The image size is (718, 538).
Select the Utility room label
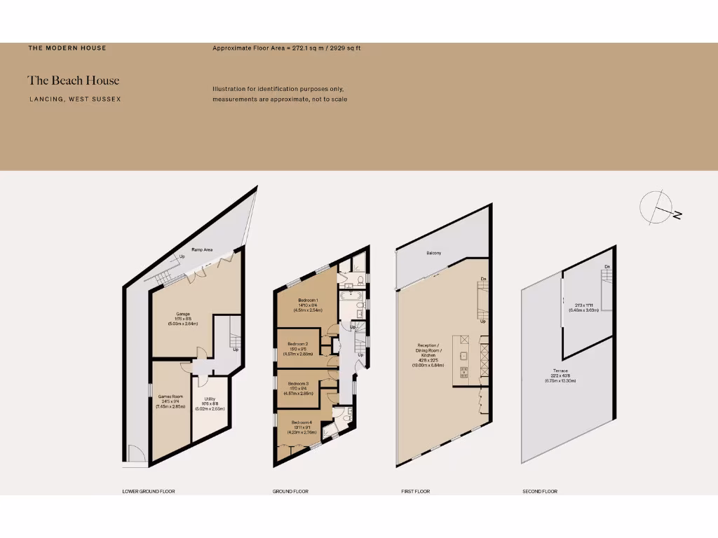coord(210,399)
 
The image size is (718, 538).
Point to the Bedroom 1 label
coord(308,301)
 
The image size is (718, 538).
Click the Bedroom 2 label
coord(298,343)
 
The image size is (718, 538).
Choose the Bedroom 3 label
coord(298,384)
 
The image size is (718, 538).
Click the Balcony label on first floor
coord(433,253)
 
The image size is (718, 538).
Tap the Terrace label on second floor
coord(560,371)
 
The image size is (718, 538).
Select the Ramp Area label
coord(203,249)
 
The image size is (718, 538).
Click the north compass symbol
coord(658,208)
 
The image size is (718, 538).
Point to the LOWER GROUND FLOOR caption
coord(148,492)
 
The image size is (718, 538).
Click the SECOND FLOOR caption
coord(540,492)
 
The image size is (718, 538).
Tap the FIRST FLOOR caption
coord(415,492)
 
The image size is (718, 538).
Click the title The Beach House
coord(74,81)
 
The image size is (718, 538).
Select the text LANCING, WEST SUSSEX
coord(75,99)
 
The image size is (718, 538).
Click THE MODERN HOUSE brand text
coord(67,48)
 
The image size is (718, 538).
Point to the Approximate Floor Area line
coord(286,48)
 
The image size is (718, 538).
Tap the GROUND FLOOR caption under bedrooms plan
coord(290,492)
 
